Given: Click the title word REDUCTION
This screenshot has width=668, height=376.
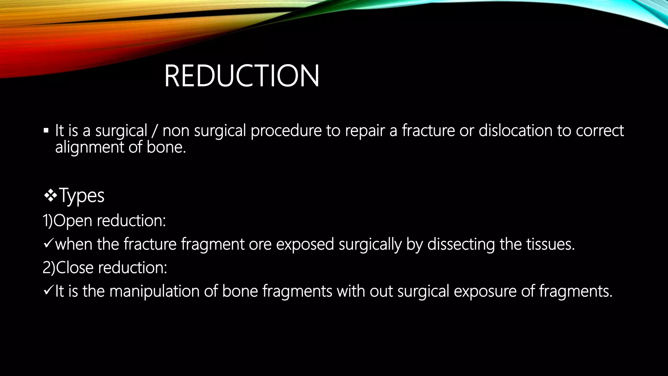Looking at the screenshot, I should coord(241,76).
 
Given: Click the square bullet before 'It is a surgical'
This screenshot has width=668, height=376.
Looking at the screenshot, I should coord(46,131).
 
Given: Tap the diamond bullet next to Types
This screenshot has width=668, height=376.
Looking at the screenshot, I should coord(51,196).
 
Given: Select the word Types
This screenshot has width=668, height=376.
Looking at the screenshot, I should coord(82,196).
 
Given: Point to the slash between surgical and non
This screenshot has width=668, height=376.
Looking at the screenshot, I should coord(155,131).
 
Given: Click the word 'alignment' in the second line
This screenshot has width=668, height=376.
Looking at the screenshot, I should coord(89,148).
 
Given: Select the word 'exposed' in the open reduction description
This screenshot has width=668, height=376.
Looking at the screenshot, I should coord(305,244).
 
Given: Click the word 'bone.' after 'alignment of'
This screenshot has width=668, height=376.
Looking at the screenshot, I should coord(166,148).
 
